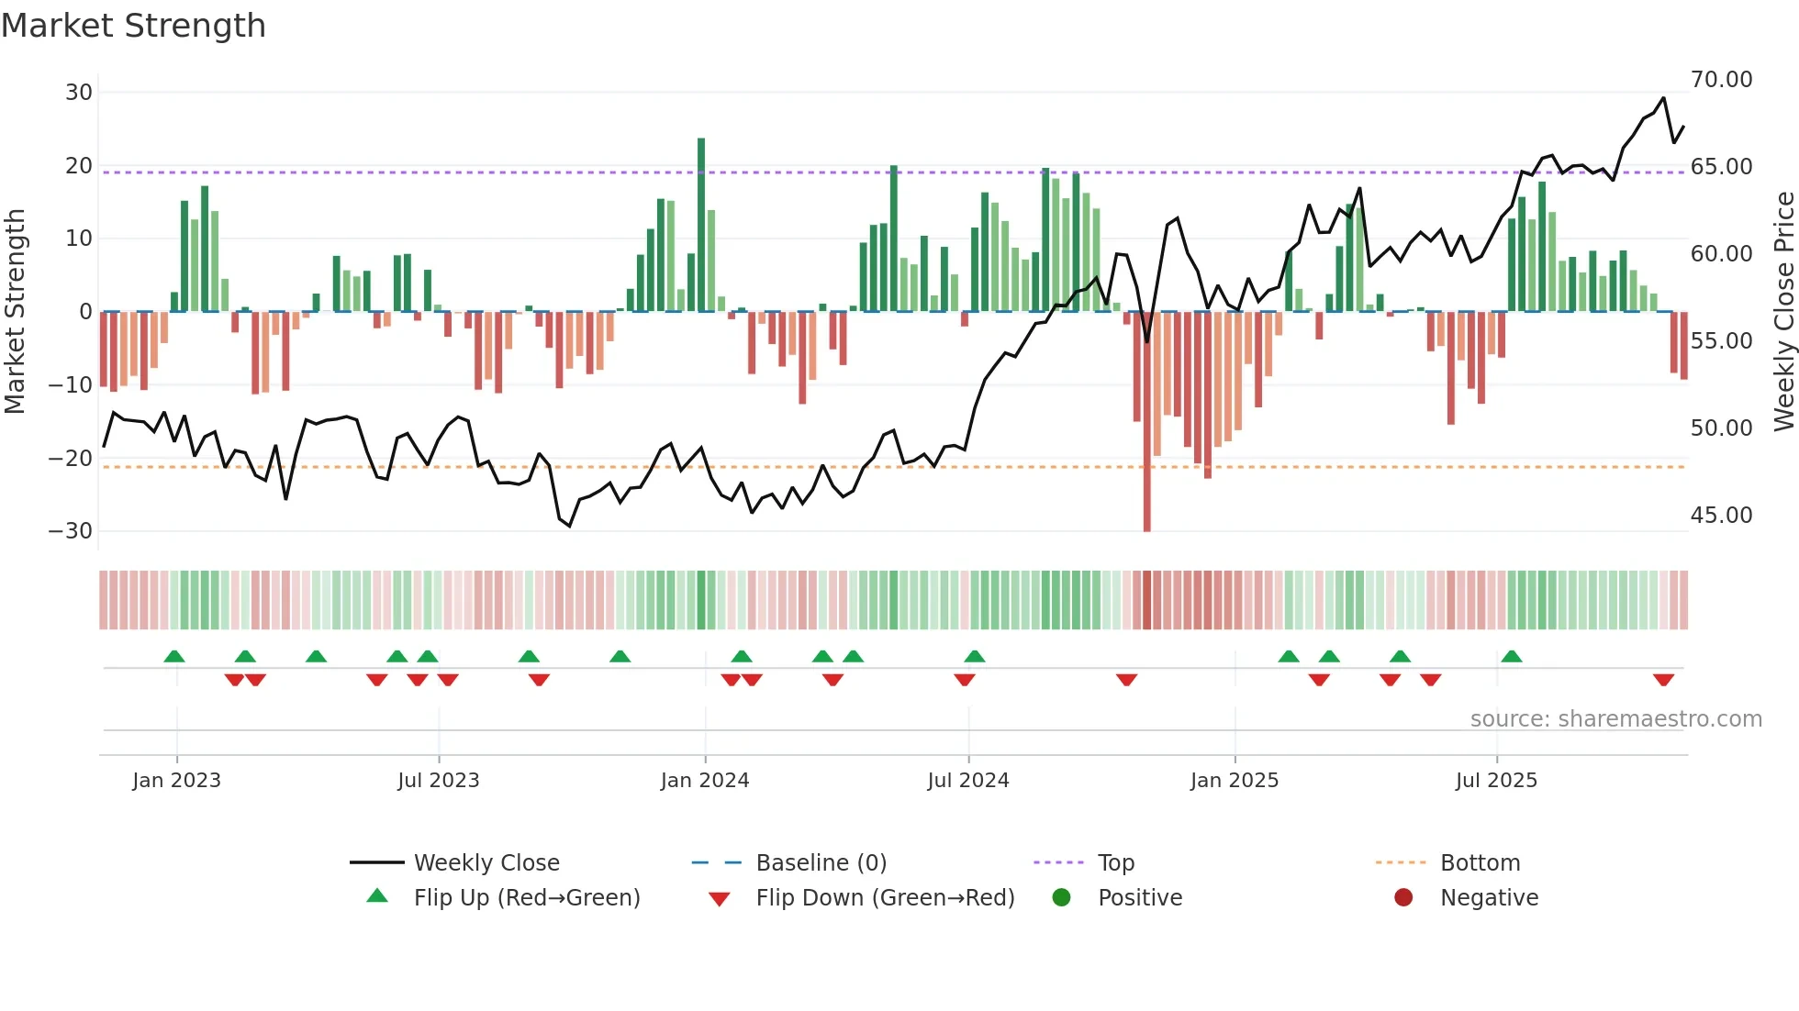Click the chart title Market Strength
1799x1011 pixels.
133,26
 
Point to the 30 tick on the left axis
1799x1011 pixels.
79,93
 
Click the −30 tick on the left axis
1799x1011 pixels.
71,531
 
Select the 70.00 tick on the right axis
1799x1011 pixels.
1721,80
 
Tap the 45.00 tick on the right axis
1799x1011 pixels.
1721,516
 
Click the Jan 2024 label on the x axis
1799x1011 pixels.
704,781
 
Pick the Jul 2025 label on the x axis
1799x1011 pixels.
1495,781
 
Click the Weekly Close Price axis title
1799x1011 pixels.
1783,312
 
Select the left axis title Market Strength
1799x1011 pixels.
15,312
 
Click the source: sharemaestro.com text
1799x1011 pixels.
1615,719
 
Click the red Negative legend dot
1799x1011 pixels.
1402,898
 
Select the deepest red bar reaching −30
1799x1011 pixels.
1146,422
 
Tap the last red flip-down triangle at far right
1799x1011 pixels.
1663,680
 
